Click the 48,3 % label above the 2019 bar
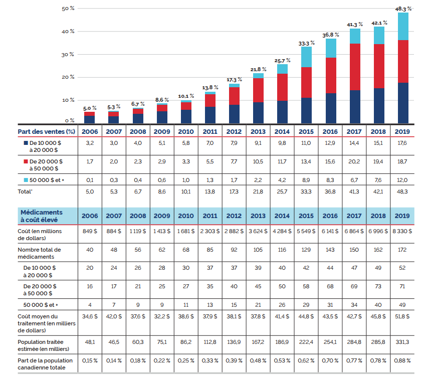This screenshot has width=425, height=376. [x=403, y=9]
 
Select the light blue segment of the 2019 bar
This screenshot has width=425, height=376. [x=403, y=27]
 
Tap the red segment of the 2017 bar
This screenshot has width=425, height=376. [x=355, y=67]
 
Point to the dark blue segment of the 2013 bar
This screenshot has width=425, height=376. [x=258, y=112]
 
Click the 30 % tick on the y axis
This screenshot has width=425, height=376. [x=68, y=54]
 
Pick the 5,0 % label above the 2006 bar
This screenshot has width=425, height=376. [x=89, y=108]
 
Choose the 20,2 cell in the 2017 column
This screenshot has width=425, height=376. [x=355, y=161]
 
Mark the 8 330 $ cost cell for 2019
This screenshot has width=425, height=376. [x=402, y=234]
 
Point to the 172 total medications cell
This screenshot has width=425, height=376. [x=402, y=249]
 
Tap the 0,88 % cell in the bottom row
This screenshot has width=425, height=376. [x=402, y=360]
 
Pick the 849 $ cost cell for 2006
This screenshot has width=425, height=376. [x=90, y=234]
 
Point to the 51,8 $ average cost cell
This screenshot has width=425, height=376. [x=402, y=317]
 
